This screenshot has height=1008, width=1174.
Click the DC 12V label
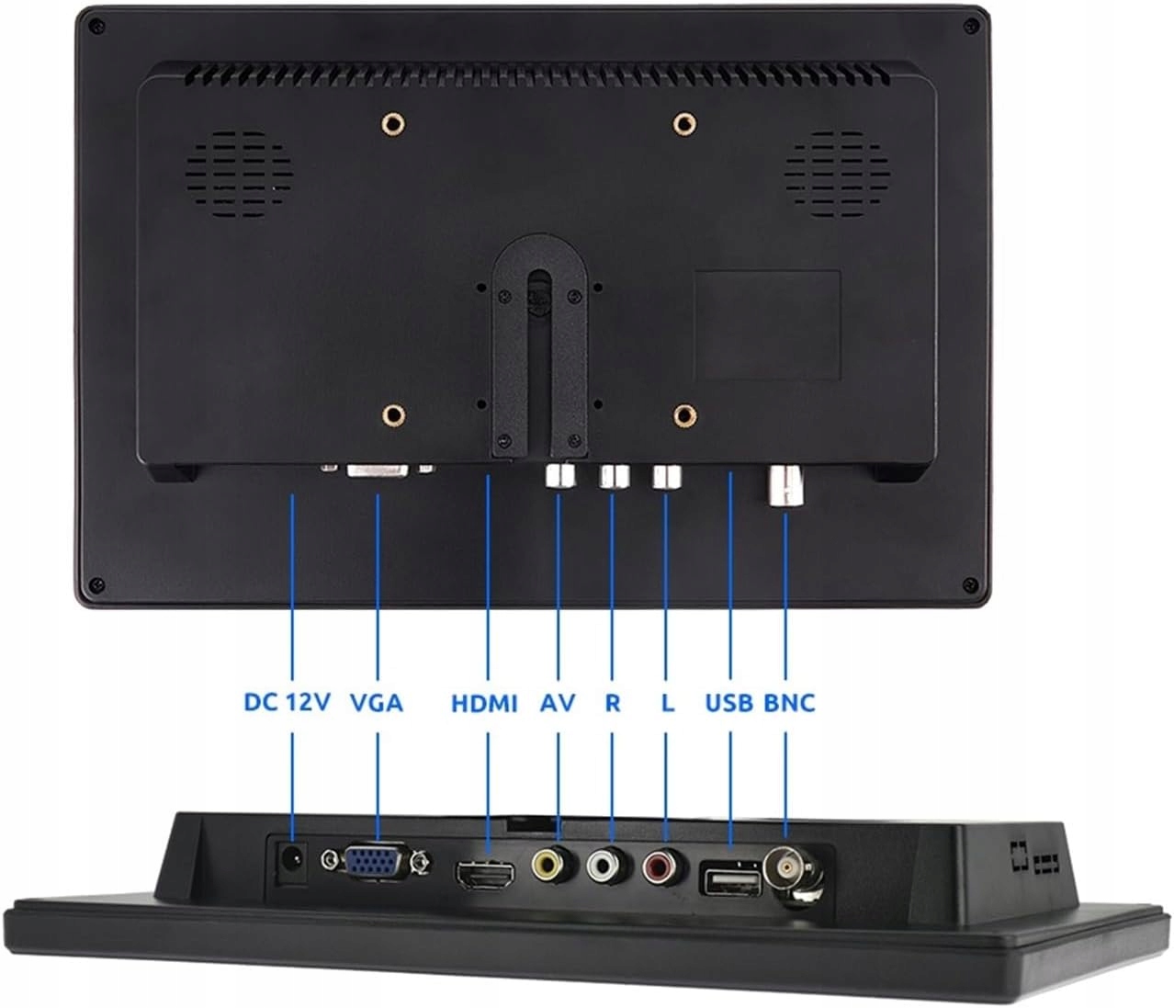(x=287, y=703)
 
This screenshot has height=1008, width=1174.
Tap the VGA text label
(x=377, y=703)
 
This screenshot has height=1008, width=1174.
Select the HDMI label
(x=484, y=704)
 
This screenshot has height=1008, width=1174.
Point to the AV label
(x=558, y=703)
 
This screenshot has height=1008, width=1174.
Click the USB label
(x=729, y=703)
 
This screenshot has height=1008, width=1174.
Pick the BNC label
(x=789, y=703)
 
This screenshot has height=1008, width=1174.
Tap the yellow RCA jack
(x=549, y=865)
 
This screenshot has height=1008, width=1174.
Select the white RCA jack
(x=605, y=865)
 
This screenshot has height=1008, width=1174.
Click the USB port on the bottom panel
(x=731, y=880)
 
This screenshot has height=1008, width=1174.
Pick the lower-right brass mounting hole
(x=683, y=415)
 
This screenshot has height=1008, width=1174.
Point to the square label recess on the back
(x=767, y=324)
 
